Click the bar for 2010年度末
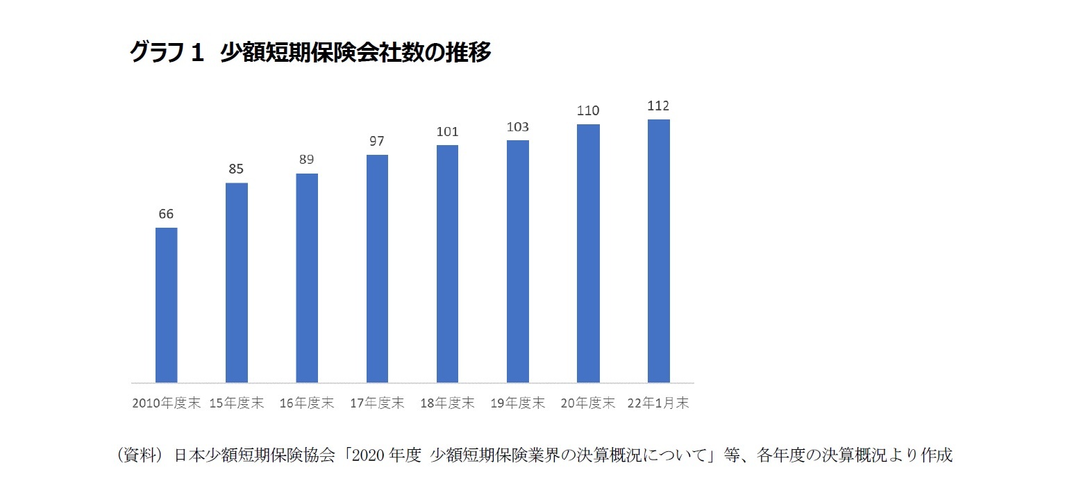(x=166, y=305)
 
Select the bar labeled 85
(x=237, y=283)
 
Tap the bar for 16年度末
(x=307, y=278)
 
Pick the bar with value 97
(x=377, y=269)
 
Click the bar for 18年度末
(x=447, y=264)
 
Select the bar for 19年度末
(x=518, y=262)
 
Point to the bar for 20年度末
(x=588, y=253)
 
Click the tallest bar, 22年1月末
(x=658, y=251)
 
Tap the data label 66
(x=166, y=215)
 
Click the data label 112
(x=658, y=106)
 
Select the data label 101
(x=448, y=132)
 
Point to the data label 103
(x=518, y=127)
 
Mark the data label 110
(x=588, y=111)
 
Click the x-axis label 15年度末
(x=236, y=403)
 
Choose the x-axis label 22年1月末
(x=659, y=403)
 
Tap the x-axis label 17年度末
(x=377, y=403)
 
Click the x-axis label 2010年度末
(x=166, y=403)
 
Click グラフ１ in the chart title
(x=167, y=53)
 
